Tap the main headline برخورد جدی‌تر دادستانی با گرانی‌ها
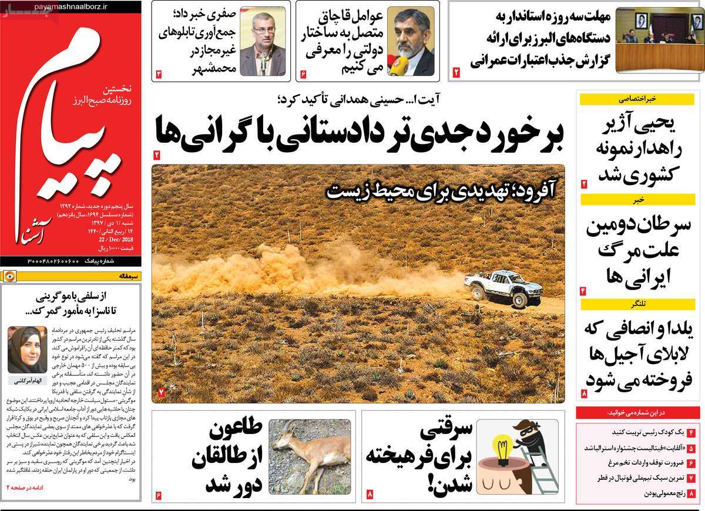click(360, 130)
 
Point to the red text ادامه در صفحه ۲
click(28, 488)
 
